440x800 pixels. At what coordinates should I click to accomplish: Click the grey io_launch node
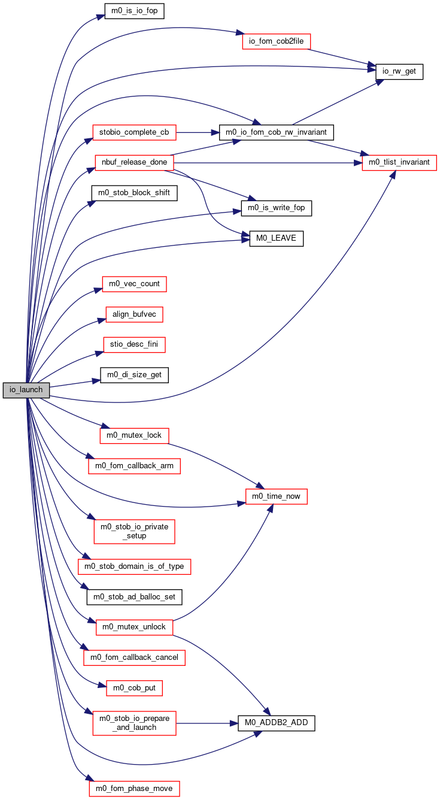26,390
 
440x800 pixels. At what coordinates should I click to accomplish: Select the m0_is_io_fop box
134,11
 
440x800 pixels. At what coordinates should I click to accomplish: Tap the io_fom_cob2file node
276,41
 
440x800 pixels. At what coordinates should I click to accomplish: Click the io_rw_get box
399,71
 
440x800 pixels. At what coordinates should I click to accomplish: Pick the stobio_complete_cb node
134,132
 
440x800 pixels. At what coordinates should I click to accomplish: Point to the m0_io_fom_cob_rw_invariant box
276,132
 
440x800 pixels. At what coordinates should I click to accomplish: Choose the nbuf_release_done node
134,162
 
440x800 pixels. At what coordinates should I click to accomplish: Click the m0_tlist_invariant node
399,162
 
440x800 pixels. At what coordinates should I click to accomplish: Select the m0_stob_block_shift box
134,193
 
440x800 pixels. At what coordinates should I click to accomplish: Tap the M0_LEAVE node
276,238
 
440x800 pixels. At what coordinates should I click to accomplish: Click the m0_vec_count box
134,284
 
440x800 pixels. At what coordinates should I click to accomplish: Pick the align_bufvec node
134,314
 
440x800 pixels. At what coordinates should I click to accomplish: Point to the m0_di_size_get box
134,375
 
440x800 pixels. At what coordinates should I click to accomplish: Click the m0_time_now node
276,496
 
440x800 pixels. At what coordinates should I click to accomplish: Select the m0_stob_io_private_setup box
134,531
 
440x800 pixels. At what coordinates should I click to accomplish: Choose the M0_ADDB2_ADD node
276,723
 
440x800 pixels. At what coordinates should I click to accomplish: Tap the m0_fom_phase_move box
134,789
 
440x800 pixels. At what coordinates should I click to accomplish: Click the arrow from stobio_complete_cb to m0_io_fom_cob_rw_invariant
198,132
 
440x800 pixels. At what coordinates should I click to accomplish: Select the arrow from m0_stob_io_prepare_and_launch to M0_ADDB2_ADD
207,723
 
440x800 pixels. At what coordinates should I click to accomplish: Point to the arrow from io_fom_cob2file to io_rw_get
342,57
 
